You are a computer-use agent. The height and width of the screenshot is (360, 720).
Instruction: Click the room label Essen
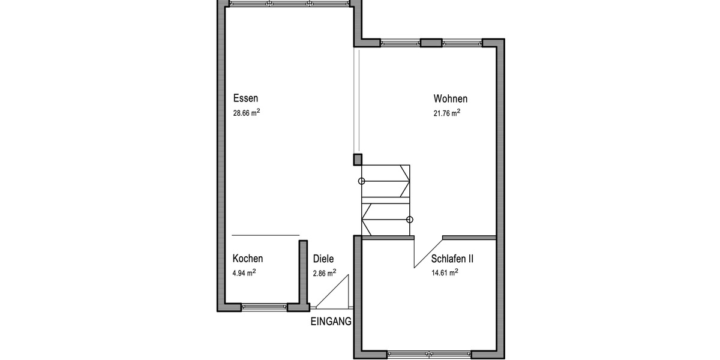245,99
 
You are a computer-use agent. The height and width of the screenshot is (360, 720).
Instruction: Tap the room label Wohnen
450,99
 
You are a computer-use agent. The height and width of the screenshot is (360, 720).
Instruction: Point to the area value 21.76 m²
447,113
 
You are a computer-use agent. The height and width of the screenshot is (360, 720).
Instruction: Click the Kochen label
248,259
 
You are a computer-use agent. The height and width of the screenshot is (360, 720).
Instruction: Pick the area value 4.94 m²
244,272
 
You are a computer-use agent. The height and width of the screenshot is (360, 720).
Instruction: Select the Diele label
323,259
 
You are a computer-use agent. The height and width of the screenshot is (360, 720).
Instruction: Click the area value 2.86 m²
324,272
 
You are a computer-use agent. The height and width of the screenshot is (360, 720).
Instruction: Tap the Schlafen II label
452,259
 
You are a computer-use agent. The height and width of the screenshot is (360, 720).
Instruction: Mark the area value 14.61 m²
445,272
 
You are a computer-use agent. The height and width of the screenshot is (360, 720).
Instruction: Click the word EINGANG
331,322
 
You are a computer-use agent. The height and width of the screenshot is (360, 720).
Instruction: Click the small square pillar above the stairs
357,160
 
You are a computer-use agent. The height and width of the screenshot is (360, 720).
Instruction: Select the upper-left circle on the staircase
361,181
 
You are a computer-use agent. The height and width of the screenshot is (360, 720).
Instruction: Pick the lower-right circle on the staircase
410,220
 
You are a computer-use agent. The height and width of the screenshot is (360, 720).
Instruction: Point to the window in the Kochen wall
264,307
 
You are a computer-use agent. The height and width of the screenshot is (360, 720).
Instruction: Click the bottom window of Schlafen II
429,354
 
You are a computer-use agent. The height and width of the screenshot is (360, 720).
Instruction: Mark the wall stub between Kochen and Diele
303,273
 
